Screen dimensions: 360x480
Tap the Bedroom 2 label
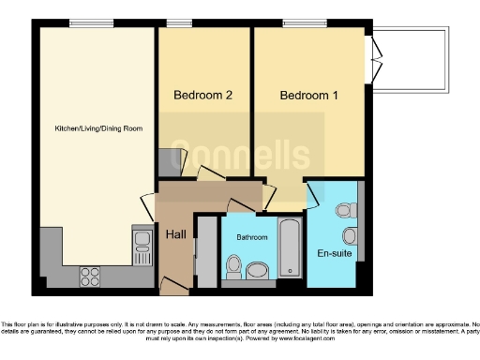(202, 96)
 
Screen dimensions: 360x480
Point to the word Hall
(175, 234)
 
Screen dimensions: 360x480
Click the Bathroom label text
(251, 238)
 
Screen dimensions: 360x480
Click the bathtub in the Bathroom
(290, 247)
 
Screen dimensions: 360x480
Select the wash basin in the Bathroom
(231, 264)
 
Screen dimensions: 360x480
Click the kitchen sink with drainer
(143, 246)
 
